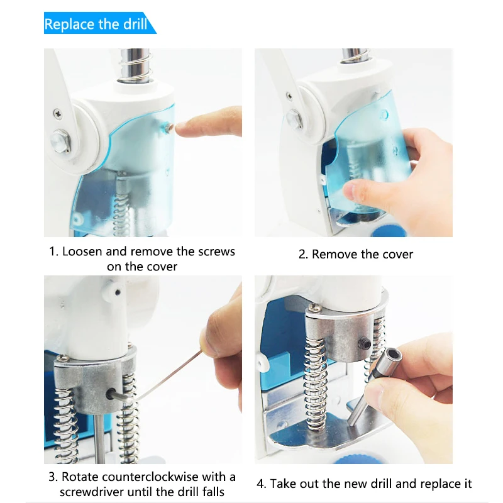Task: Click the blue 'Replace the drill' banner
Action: point(99,23)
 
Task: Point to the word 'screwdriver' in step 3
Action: point(92,492)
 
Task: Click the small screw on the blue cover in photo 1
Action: point(169,128)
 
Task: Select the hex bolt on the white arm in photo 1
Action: point(60,141)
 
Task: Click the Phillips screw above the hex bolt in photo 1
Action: point(58,114)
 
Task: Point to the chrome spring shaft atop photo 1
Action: point(135,65)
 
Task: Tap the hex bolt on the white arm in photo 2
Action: point(294,119)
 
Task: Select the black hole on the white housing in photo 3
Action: point(118,292)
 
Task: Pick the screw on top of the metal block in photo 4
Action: point(313,307)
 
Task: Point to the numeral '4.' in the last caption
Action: point(261,484)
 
